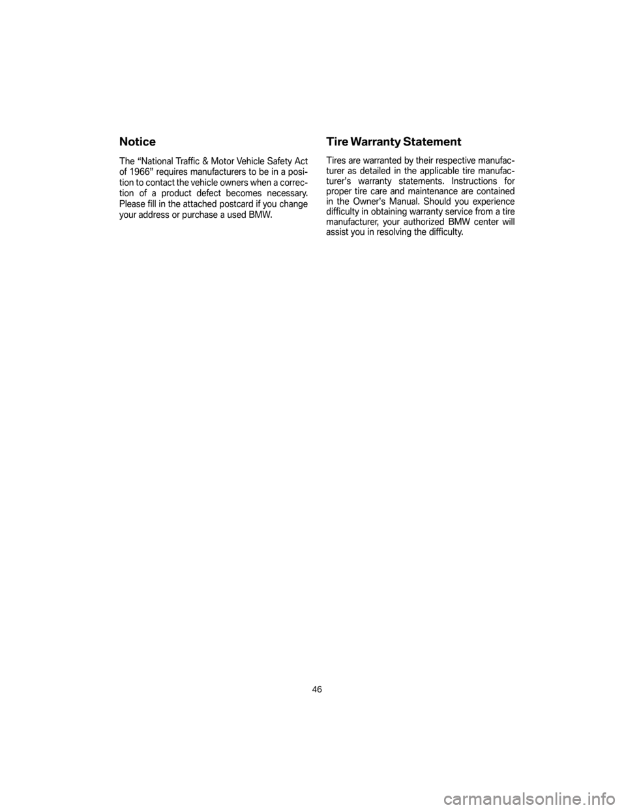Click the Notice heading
click(138, 142)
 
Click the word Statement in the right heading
click(432, 142)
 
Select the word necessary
click(283, 194)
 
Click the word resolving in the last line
click(394, 233)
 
